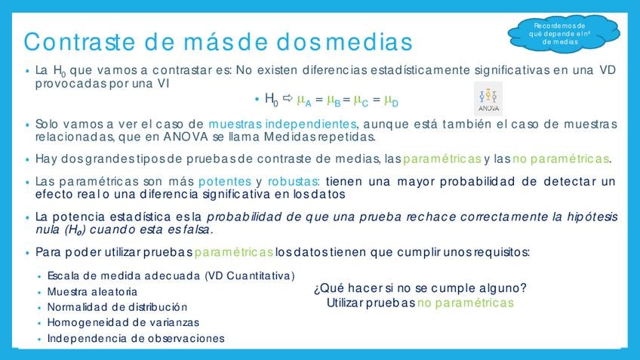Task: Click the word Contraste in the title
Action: [x=79, y=42]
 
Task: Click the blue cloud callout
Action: [x=564, y=34]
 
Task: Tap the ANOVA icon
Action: [x=488, y=99]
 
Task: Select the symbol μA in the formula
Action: [x=303, y=100]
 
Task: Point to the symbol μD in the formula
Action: [x=391, y=100]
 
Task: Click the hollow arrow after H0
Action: [x=288, y=98]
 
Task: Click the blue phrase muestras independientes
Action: [x=282, y=124]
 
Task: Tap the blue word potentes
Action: [x=225, y=182]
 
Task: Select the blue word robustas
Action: [x=294, y=181]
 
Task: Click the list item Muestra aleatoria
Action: [x=92, y=291]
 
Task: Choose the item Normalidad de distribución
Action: [x=118, y=307]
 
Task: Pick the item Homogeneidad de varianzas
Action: [x=123, y=322]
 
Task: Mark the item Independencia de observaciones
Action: [x=136, y=338]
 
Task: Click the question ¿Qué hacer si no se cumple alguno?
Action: [x=420, y=288]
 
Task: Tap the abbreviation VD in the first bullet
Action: [x=608, y=69]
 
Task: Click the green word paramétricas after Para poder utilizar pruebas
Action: [x=234, y=252]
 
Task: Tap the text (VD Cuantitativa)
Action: [x=250, y=276]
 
